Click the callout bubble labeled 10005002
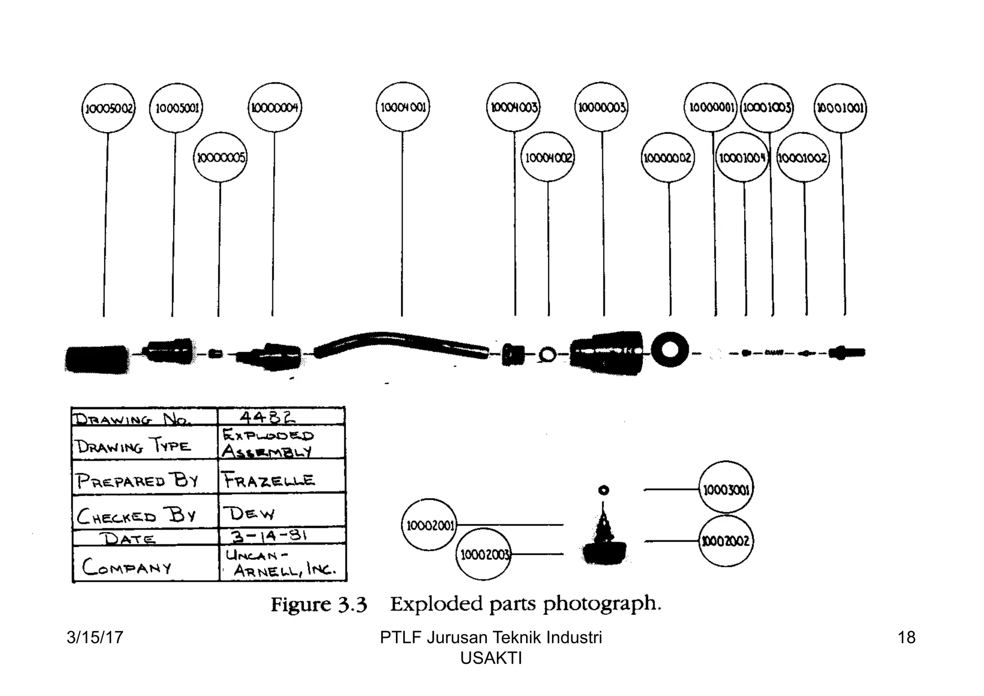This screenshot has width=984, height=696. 109,108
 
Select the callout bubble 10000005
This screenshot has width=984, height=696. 220,157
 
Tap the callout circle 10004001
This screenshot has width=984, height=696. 403,107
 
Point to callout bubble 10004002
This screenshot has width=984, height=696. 548,157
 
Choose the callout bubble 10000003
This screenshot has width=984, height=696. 602,107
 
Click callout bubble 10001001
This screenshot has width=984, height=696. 840,108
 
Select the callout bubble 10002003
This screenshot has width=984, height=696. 483,555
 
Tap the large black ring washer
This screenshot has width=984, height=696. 670,349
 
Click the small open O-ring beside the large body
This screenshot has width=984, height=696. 547,355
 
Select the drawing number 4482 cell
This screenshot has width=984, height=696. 281,417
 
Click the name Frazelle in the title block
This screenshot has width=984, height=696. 268,480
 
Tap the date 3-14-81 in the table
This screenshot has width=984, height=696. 268,536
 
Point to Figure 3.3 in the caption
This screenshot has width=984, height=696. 319,604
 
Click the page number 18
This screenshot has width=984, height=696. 906,637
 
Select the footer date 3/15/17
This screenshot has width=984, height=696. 95,637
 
